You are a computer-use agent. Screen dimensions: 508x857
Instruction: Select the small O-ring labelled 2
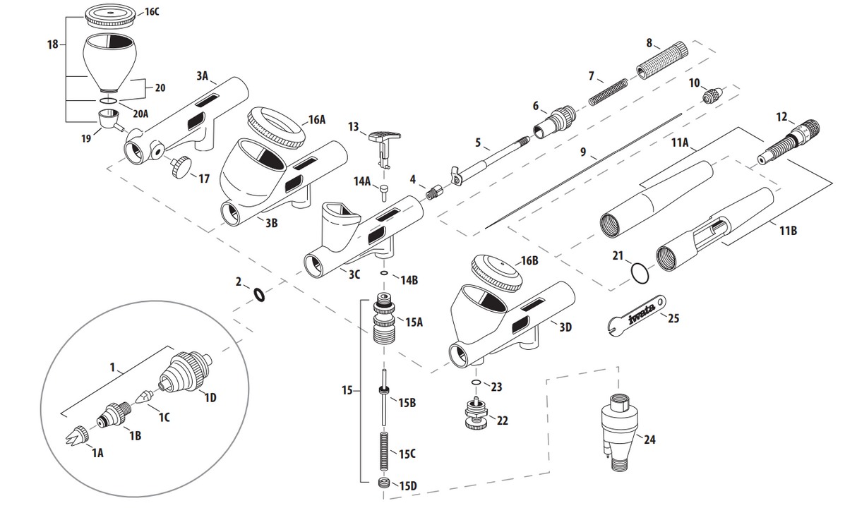point(259,294)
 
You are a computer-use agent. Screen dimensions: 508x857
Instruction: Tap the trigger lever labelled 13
point(384,138)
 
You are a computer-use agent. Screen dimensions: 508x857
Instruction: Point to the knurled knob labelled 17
point(183,167)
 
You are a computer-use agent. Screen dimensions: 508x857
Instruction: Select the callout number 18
point(52,44)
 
